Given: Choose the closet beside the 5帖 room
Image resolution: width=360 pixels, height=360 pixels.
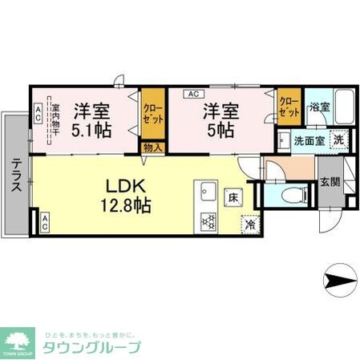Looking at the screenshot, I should point(289,107).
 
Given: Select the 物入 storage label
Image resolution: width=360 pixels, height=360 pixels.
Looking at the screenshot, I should point(152,147).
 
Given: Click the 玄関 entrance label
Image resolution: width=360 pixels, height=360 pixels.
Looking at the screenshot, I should point(329,182).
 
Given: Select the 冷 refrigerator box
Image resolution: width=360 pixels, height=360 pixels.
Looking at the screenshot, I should point(252,225).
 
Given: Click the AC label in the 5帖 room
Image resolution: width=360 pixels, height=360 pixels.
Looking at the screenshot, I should point(193,93).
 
